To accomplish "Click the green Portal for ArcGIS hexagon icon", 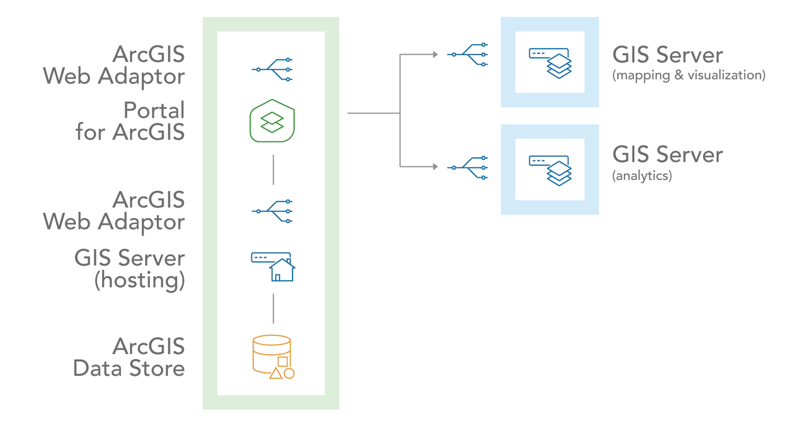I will pyautogui.click(x=272, y=121).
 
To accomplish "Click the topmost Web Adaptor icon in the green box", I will pyautogui.click(x=272, y=69).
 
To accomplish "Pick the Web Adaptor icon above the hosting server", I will pyautogui.click(x=272, y=211).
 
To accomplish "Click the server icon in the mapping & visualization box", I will pyautogui.click(x=550, y=62).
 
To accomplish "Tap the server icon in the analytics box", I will pyautogui.click(x=550, y=170).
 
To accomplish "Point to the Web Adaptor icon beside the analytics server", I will pyautogui.click(x=468, y=168).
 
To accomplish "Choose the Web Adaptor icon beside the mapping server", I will pyautogui.click(x=468, y=55).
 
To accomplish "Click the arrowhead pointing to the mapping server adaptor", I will pyautogui.click(x=435, y=55).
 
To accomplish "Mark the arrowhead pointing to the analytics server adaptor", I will pyautogui.click(x=435, y=167).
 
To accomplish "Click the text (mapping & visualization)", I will pyautogui.click(x=689, y=75).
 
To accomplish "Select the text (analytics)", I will pyautogui.click(x=642, y=176).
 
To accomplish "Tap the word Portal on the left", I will pyautogui.click(x=154, y=110).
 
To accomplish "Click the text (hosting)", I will pyautogui.click(x=139, y=280).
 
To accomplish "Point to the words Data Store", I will pyautogui.click(x=129, y=368).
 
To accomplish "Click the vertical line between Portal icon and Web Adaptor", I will pyautogui.click(x=273, y=170).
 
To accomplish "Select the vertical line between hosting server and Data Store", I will pyautogui.click(x=273, y=308).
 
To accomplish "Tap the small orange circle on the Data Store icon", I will pyautogui.click(x=289, y=374).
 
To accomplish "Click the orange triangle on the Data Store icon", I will pyautogui.click(x=276, y=373).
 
